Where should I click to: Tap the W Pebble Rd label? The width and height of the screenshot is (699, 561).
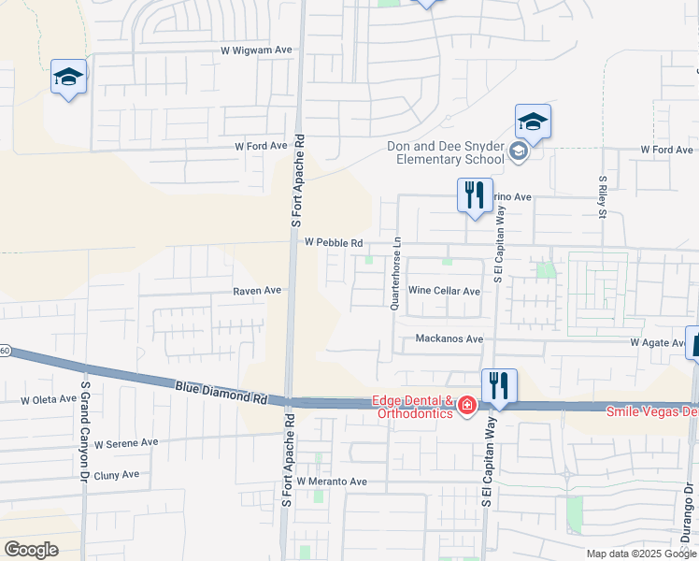[334, 242]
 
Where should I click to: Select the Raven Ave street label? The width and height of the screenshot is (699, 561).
[257, 291]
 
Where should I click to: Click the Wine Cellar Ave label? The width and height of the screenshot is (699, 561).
[444, 291]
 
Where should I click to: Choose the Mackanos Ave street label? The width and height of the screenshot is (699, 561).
[449, 338]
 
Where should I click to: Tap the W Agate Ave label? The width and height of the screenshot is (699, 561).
[658, 343]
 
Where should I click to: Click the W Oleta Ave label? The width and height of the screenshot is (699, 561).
[49, 399]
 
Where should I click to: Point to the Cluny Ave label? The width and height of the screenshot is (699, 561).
[117, 474]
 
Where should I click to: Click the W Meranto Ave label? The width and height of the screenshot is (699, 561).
[332, 481]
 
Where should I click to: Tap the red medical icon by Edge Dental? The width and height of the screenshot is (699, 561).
[465, 406]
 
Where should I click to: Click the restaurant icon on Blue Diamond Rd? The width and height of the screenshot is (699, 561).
[498, 383]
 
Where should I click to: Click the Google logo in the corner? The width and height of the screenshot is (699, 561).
[31, 550]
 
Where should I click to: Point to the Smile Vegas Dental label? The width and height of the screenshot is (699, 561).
[652, 411]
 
